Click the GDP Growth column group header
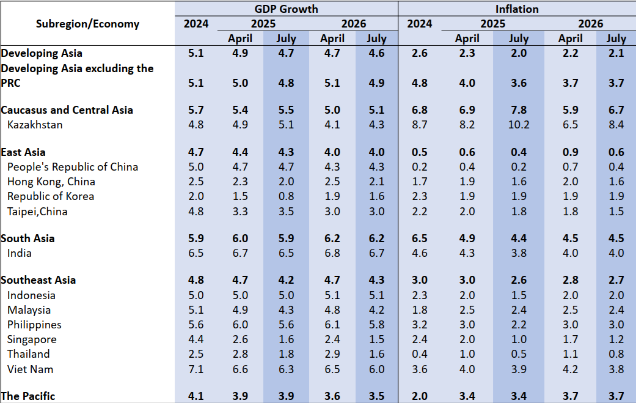287,9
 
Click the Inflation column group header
517,9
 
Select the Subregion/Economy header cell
87,24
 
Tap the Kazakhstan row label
35,125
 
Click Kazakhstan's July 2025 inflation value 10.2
518,125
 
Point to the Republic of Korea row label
51,196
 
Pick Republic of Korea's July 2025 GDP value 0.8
286,196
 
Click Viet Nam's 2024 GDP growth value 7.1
196,369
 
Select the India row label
20,253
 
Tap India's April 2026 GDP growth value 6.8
332,253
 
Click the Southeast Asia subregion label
38,280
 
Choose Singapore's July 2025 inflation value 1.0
518,339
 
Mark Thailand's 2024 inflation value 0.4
419,354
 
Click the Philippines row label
34,325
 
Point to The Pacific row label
28,396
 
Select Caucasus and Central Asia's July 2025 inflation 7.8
518,110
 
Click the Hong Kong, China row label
51,182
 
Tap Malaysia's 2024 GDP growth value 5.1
196,310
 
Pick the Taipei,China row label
37,212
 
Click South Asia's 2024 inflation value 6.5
419,238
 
